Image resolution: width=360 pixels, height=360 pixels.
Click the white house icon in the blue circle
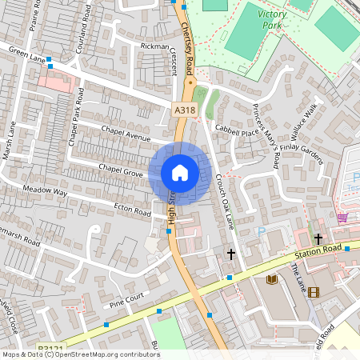pos(180,173)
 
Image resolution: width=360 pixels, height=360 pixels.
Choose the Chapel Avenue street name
pos(126,134)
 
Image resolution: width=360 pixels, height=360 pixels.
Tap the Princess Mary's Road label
pos(264,126)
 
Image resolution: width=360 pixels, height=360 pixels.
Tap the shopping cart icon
pos(342,218)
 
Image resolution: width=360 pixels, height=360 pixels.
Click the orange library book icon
pos(272,279)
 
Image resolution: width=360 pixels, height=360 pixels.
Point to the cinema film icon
pos(313,292)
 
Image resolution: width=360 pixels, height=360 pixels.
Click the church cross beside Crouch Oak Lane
pos(231,254)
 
